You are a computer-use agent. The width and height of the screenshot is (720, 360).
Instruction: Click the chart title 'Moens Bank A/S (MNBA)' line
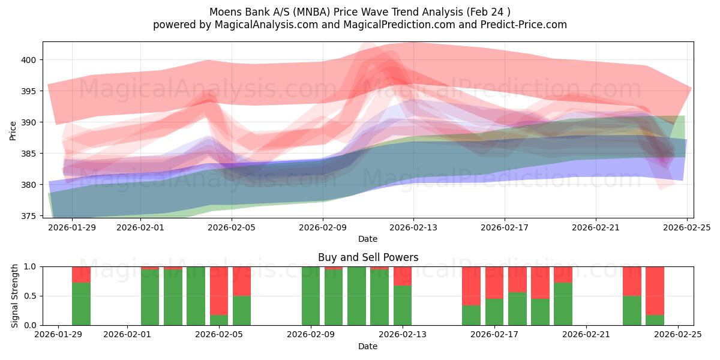point(360,12)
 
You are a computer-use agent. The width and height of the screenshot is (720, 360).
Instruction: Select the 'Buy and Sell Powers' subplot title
point(368,257)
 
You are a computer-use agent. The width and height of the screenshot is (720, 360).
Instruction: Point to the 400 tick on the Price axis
point(29,60)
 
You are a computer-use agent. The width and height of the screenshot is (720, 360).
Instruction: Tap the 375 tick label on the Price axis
point(29,216)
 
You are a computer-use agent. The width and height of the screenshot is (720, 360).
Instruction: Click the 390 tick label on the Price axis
point(29,122)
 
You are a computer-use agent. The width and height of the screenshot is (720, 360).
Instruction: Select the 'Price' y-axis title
point(13,131)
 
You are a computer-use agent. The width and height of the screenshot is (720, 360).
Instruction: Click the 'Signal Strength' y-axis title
point(15,296)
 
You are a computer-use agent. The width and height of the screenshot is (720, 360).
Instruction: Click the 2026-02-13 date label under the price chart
point(413,227)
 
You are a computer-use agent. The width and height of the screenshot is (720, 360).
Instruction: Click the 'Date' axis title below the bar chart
point(368,347)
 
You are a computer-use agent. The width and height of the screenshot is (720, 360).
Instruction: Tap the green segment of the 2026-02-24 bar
point(655,320)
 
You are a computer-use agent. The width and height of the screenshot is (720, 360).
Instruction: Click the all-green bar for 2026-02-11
point(356,296)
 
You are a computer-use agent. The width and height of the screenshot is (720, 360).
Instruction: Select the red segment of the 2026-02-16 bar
point(471,286)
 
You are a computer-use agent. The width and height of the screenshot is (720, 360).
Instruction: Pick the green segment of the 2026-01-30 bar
point(81,304)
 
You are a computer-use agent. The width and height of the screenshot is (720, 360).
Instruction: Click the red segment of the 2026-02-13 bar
point(403,275)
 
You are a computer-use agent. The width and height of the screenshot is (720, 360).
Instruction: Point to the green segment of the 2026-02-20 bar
point(563,304)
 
